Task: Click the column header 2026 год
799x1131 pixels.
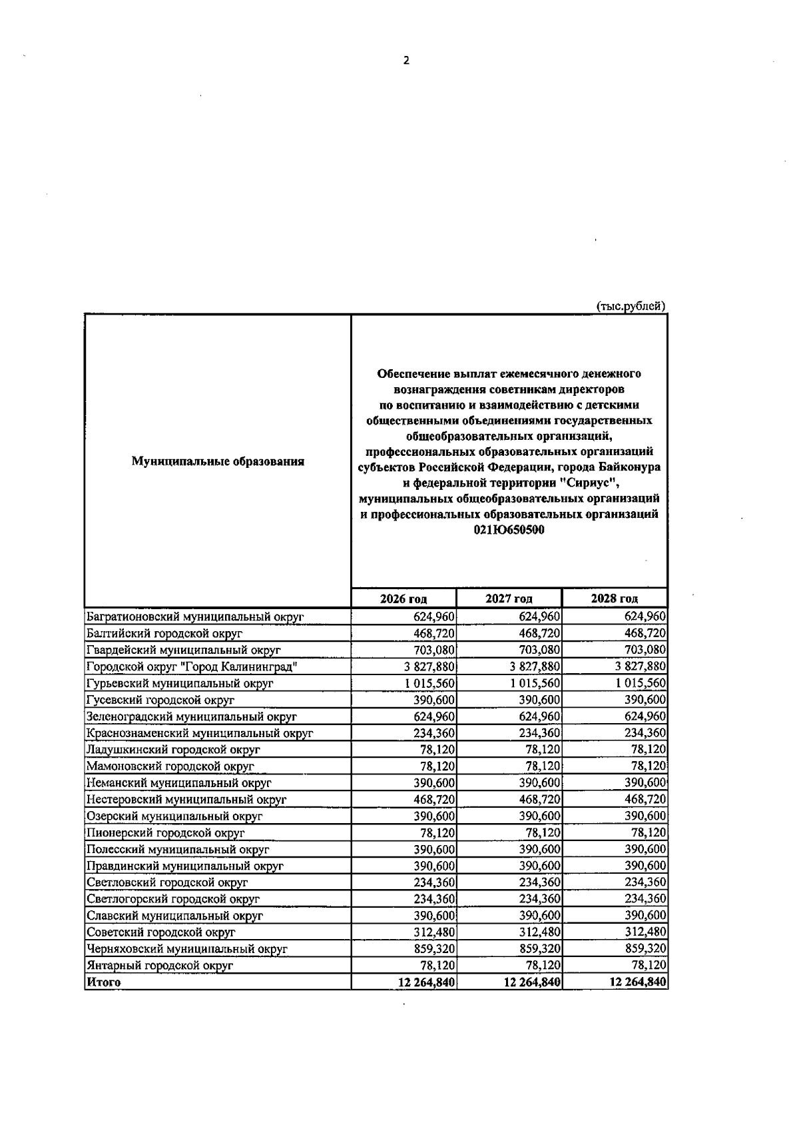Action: [x=403, y=598]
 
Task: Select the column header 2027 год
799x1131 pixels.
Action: [x=509, y=598]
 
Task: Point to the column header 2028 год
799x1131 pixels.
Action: [x=614, y=598]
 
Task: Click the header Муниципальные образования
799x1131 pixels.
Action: [x=218, y=461]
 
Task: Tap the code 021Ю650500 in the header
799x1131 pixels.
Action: [x=509, y=531]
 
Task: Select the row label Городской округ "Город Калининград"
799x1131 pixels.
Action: [x=192, y=667]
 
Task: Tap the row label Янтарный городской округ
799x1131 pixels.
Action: [x=160, y=965]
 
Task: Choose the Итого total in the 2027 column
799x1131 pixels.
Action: [x=532, y=982]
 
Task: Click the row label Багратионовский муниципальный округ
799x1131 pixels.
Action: [x=195, y=617]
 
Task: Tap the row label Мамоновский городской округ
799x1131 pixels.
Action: [x=170, y=766]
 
